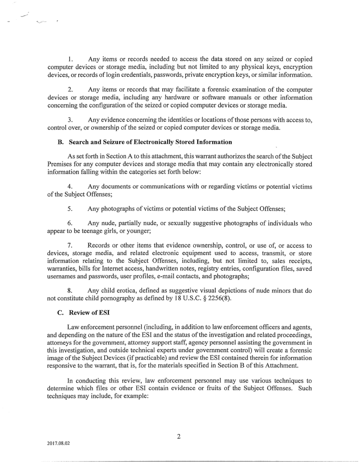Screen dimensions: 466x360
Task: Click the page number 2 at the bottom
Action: [x=179, y=437]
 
